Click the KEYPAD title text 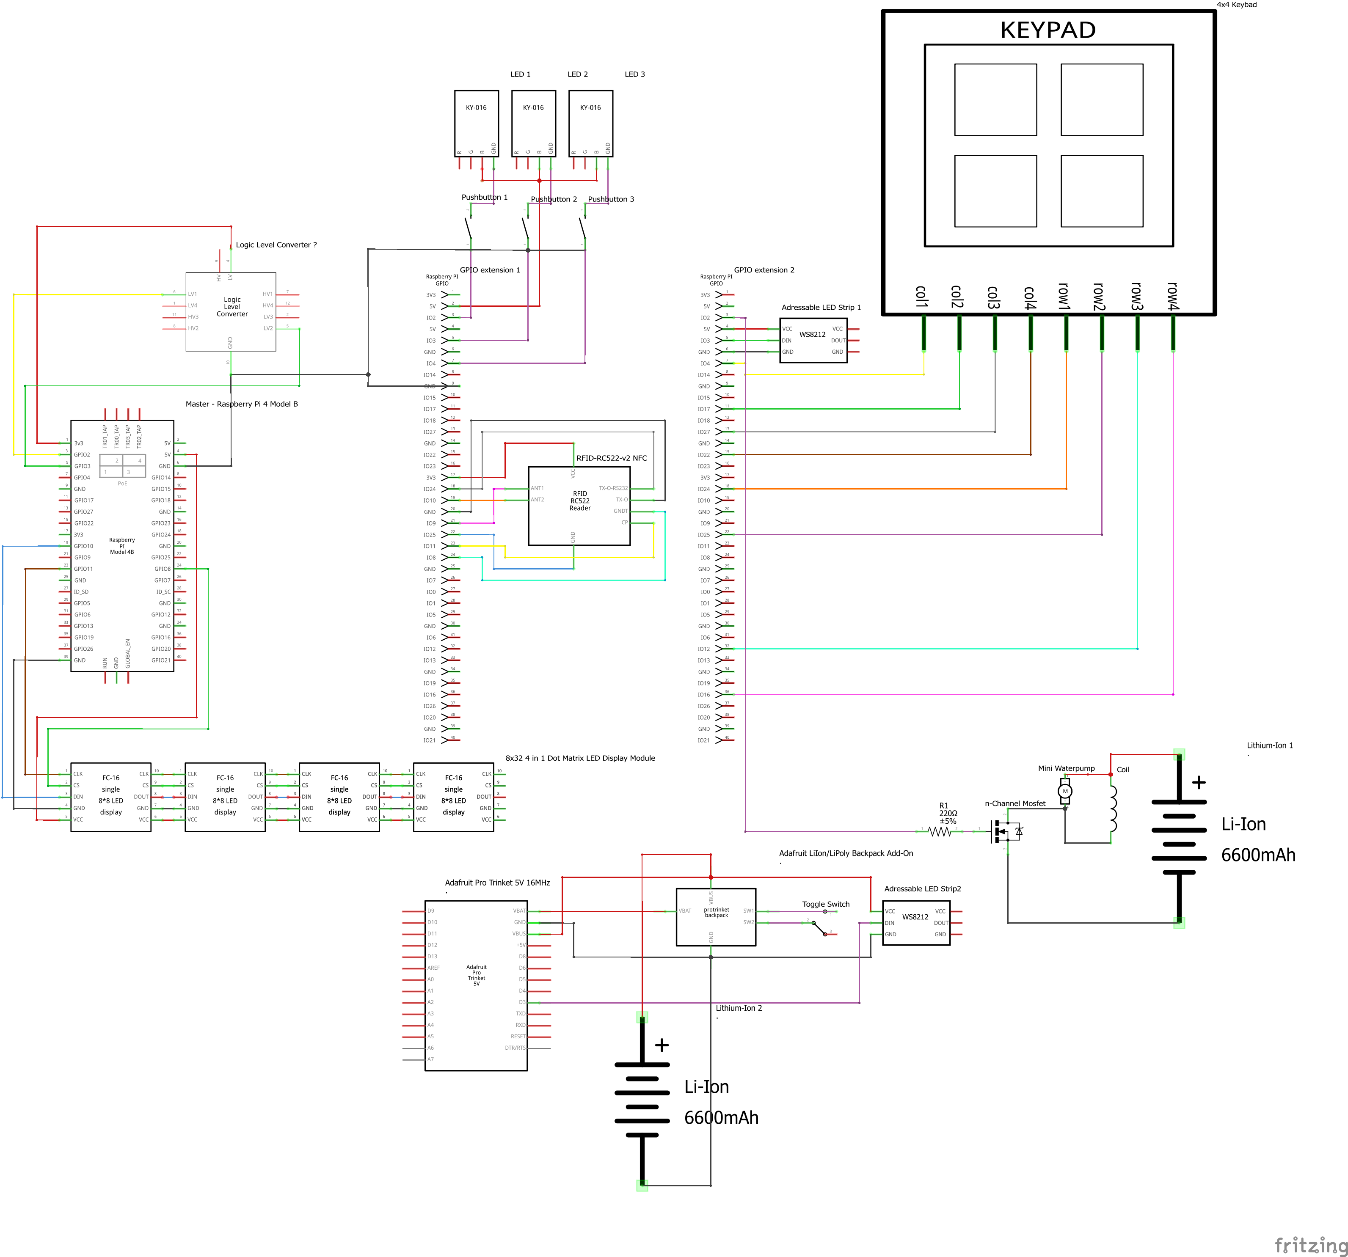click(x=1048, y=30)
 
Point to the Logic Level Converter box click(x=231, y=311)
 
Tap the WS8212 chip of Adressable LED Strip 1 click(x=813, y=340)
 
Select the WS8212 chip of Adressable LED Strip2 click(x=915, y=922)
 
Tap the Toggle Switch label click(x=825, y=904)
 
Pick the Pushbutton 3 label click(x=611, y=199)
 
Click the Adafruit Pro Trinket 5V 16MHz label click(x=497, y=883)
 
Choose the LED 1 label click(x=520, y=74)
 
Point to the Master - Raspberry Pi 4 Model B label click(x=241, y=404)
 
